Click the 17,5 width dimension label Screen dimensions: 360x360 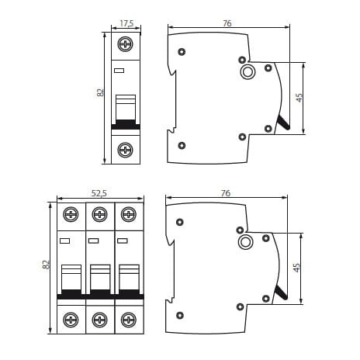[126, 23]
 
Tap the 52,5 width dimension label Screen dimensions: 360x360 [99, 193]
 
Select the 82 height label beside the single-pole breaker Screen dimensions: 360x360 [101, 92]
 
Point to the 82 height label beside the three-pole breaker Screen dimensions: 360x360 [46, 265]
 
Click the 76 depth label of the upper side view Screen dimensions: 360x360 [227, 23]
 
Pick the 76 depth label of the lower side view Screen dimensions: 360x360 [226, 193]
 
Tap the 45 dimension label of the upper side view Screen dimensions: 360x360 [299, 98]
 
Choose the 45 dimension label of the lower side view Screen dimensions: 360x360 [296, 268]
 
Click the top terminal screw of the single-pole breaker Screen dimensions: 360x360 [126, 44]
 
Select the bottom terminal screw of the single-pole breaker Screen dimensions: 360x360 [126, 150]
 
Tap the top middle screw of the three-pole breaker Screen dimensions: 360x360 [100, 214]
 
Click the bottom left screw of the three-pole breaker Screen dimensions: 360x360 [71, 320]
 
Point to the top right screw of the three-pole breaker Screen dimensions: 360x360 [129, 214]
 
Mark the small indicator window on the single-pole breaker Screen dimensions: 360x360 [119, 71]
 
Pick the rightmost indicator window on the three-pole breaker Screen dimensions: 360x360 [123, 241]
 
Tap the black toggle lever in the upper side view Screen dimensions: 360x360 [283, 123]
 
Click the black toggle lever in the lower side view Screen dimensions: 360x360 [282, 292]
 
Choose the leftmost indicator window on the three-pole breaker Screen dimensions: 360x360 [64, 241]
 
